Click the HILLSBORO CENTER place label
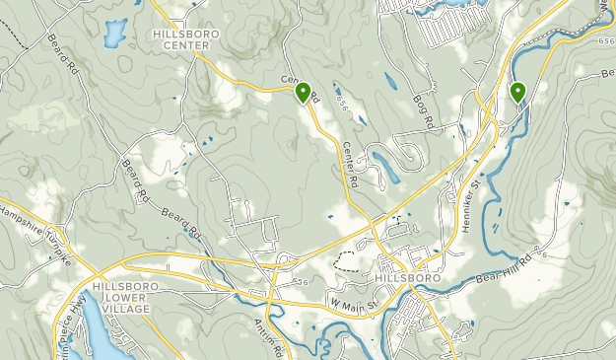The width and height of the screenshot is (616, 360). [x=185, y=38]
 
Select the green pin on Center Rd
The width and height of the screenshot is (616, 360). [x=303, y=93]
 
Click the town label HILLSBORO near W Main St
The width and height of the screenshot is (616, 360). [x=408, y=279]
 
